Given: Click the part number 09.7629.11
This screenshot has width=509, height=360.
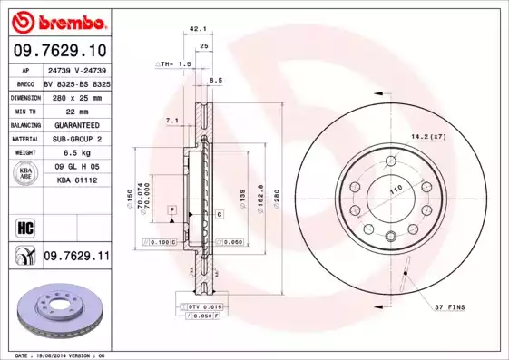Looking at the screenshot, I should click(76, 257).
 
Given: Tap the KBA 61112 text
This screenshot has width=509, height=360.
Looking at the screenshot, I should click(76, 181).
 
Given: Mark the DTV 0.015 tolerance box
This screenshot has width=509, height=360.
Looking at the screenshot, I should click(205, 308).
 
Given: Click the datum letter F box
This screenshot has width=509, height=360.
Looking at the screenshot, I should click(171, 209).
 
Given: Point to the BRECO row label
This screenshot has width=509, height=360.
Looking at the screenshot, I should click(25, 81).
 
